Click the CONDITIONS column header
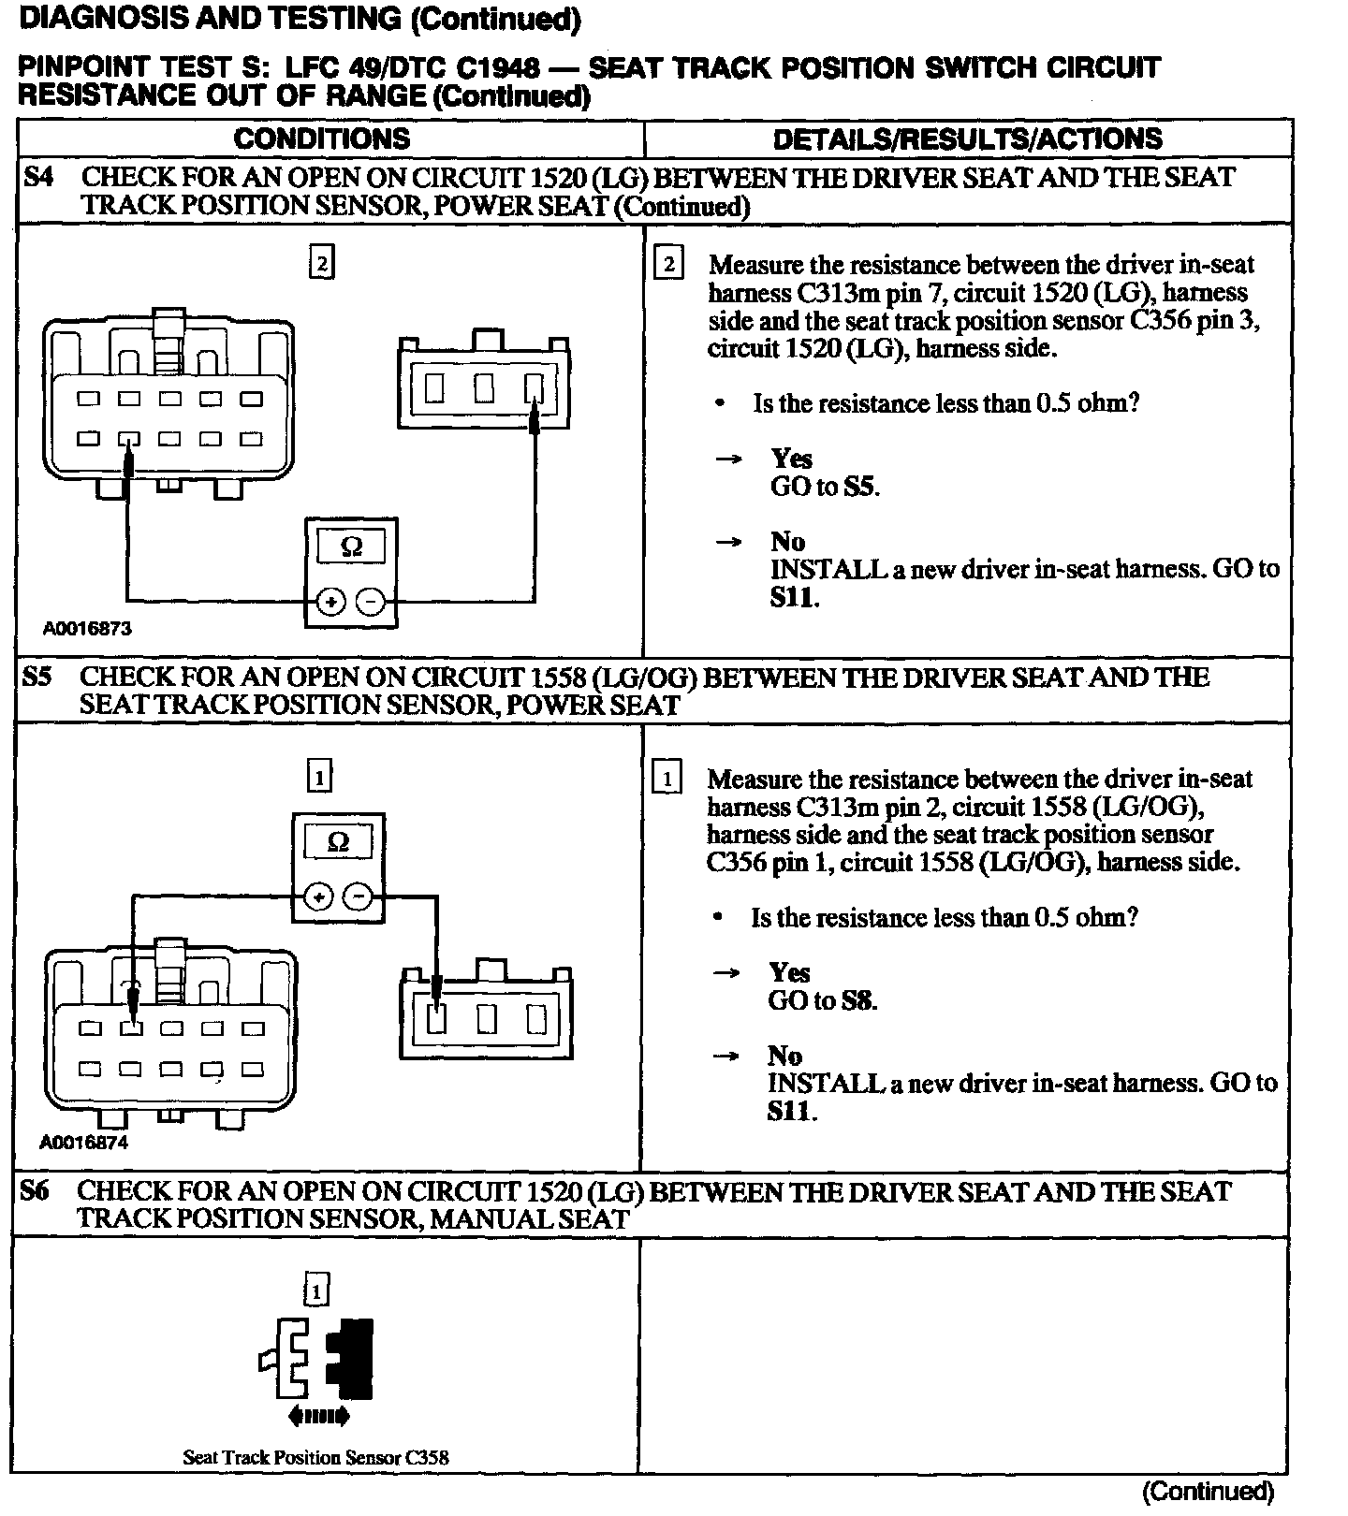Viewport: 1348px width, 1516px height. tap(322, 138)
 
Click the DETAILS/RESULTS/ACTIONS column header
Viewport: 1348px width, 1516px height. tap(967, 138)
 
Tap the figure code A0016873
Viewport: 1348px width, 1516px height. tap(87, 629)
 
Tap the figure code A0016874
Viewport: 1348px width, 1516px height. tap(84, 1143)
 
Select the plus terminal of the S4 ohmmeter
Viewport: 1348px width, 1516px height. tap(330, 603)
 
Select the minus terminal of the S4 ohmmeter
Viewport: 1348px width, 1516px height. tap(372, 603)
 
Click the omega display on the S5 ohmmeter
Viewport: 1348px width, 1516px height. tap(339, 842)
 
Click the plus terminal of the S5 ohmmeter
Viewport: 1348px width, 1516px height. tap(319, 897)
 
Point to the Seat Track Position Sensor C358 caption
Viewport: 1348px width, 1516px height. tap(315, 1457)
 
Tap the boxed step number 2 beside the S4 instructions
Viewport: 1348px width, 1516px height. tap(668, 264)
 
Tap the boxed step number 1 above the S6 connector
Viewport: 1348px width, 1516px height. tap(317, 1292)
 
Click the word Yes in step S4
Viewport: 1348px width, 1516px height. tap(791, 459)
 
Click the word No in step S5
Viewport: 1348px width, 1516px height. tap(784, 1056)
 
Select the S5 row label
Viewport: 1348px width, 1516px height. tap(37, 678)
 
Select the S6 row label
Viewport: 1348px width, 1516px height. tap(35, 1191)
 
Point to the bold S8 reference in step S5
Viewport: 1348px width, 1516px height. tap(858, 1001)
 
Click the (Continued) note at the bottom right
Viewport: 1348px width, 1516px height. tap(1208, 1491)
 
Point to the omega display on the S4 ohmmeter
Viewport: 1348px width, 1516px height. tap(351, 546)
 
